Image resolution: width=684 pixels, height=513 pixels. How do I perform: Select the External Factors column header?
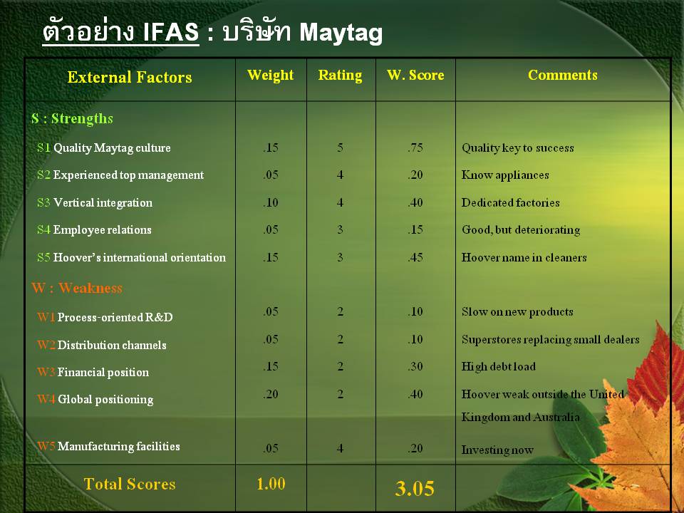[x=130, y=78]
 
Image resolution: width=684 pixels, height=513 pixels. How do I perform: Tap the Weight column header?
[x=271, y=76]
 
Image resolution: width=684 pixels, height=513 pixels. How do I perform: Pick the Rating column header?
[x=340, y=76]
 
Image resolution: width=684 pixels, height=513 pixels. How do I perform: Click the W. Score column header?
[x=415, y=76]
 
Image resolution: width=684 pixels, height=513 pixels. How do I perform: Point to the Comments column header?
[x=563, y=76]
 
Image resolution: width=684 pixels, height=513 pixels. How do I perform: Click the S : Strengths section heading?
[x=72, y=119]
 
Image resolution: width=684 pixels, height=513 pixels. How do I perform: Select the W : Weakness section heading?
[x=77, y=289]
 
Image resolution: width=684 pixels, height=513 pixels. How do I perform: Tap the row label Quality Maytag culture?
[x=112, y=148]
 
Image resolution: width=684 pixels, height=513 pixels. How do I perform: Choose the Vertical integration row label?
[x=103, y=203]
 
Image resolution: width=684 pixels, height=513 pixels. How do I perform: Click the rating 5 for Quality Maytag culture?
[x=341, y=148]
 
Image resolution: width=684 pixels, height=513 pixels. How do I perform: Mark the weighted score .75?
[x=415, y=148]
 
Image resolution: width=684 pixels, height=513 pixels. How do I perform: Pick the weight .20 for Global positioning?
[x=271, y=394]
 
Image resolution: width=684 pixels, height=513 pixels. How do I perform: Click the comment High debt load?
[x=499, y=367]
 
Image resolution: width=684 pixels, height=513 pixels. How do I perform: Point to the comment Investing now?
[x=497, y=450]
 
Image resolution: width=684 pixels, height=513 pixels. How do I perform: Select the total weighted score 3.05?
[x=415, y=489]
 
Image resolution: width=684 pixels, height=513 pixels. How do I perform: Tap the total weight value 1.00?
[x=271, y=484]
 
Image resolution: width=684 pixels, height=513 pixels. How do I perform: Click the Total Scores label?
[x=130, y=484]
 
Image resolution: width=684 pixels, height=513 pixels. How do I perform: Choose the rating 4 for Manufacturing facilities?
[x=341, y=449]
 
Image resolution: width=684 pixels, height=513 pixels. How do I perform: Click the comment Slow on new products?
[x=517, y=312]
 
